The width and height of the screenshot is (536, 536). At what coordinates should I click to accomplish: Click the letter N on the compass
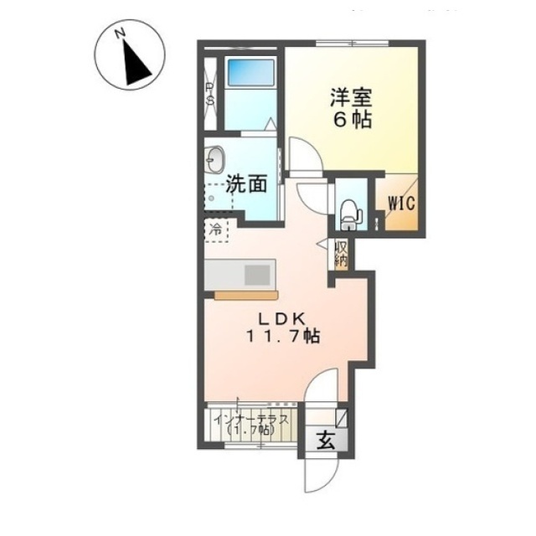[120, 33]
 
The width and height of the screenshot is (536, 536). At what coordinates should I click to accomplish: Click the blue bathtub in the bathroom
[251, 73]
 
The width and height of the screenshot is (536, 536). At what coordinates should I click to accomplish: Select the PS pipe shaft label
[209, 94]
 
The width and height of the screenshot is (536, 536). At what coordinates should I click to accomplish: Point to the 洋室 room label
[351, 99]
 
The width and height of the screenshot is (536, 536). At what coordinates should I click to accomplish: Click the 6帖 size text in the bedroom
[353, 120]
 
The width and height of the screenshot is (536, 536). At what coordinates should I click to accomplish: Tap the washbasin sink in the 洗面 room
[214, 159]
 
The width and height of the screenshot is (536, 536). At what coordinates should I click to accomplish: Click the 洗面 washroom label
[246, 184]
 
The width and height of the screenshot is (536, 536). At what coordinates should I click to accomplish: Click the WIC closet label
[401, 204]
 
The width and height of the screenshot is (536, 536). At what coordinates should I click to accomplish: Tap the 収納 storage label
[341, 255]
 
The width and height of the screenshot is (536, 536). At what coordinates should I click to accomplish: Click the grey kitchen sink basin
[257, 275]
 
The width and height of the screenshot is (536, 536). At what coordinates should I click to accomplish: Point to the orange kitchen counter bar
[246, 295]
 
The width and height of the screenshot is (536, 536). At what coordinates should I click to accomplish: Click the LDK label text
[281, 319]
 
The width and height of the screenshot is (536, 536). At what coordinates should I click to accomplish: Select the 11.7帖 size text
[283, 337]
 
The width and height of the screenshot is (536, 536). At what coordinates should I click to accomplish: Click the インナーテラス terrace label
[250, 420]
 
